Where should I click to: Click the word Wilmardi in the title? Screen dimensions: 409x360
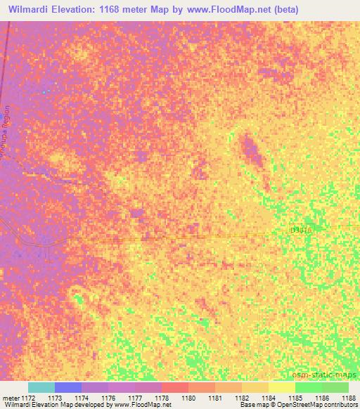pos(32,9)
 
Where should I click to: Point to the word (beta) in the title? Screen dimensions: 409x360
pos(282,9)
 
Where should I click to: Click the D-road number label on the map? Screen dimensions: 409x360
pos(300,230)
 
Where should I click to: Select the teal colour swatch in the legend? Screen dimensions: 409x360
pos(41,387)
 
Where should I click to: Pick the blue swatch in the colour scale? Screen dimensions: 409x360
pos(68,387)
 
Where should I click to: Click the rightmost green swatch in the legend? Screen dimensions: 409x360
pos(335,387)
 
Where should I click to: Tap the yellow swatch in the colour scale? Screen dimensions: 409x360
pos(281,387)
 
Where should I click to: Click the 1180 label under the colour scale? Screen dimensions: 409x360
pos(188,398)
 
